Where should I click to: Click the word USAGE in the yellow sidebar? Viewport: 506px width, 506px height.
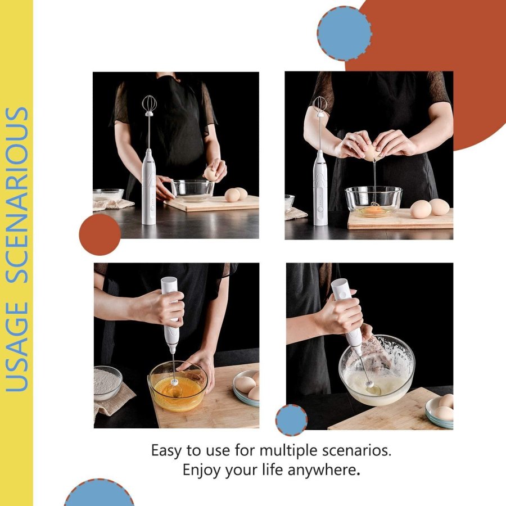[x=17, y=346]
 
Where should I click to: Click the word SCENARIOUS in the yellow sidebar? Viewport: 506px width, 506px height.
[x=17, y=195]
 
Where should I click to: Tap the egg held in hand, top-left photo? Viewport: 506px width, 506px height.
[x=210, y=174]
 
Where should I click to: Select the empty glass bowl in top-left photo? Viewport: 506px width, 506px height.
[x=192, y=191]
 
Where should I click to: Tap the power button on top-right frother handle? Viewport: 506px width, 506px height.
[x=320, y=210]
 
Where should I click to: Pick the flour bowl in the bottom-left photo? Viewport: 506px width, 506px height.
[x=107, y=382]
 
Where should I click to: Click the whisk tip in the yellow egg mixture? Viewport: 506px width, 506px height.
[x=175, y=382]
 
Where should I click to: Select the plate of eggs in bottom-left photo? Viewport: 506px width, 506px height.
[x=246, y=388]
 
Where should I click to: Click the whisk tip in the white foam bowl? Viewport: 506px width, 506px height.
[x=370, y=385]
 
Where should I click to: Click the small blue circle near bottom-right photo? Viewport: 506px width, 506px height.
[x=291, y=420]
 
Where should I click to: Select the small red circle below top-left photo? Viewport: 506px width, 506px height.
[x=100, y=234]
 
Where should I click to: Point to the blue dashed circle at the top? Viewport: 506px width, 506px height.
[x=344, y=33]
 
